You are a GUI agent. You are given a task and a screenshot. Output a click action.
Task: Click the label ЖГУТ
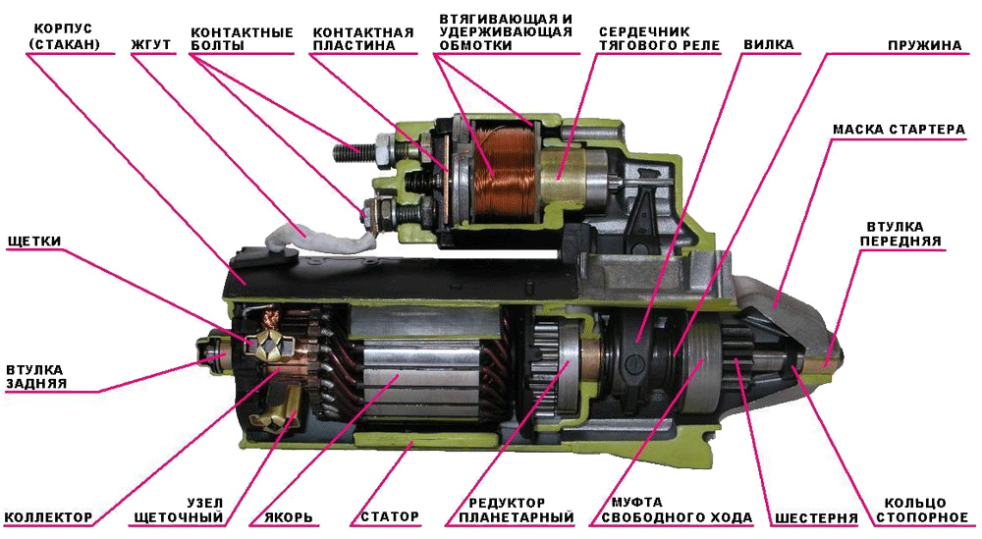click(151, 45)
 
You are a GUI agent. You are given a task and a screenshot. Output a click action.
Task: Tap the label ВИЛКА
click(769, 45)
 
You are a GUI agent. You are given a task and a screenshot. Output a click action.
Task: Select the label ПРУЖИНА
click(924, 46)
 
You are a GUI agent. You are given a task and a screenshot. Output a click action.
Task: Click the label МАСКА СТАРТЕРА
click(899, 130)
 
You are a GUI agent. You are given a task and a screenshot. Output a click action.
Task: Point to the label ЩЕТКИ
click(34, 241)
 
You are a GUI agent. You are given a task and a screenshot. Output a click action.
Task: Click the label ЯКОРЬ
click(289, 518)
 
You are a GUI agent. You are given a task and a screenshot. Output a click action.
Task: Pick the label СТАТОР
click(390, 517)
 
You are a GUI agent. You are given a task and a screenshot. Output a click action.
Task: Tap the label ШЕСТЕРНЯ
click(816, 518)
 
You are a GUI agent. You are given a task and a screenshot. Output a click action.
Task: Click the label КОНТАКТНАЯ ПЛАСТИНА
click(363, 39)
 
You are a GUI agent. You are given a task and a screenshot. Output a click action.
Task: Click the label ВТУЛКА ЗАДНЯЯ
click(35, 376)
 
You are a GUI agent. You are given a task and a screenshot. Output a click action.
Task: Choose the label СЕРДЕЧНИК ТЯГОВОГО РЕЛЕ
click(659, 38)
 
